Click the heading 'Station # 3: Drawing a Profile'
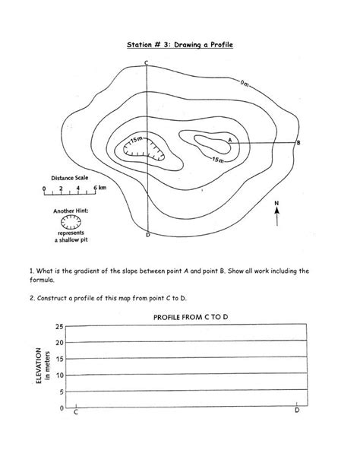click(180, 46)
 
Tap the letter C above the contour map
click(146, 62)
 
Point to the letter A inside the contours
click(230, 139)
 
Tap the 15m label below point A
click(217, 160)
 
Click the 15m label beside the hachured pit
click(136, 141)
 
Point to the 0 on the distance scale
click(45, 186)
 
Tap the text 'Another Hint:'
click(71, 210)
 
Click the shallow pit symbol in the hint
click(71, 221)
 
